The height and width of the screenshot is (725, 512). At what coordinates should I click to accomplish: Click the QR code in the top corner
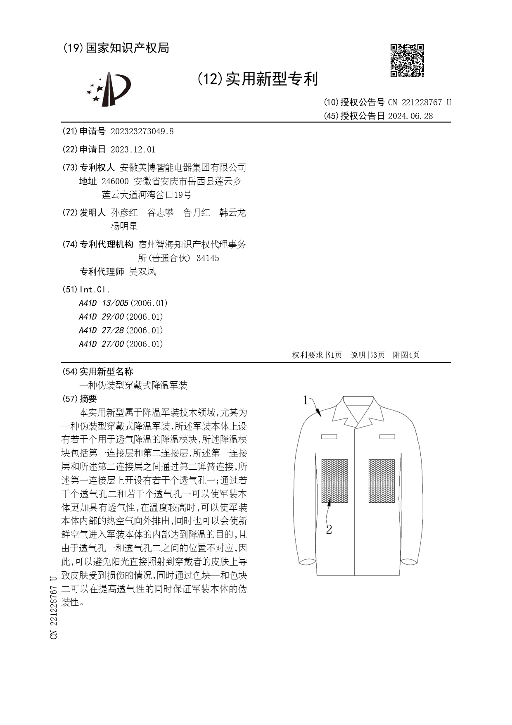[407, 60]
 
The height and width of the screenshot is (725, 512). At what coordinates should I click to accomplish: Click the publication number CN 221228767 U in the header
[419, 102]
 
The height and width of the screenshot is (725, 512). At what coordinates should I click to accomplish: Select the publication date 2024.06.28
[410, 116]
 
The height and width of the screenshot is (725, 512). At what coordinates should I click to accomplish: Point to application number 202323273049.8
[142, 132]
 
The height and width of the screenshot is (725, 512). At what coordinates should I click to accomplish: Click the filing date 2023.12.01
[133, 150]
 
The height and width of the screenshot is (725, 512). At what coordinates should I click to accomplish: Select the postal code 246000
[115, 181]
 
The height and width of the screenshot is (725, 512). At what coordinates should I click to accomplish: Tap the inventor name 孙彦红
[124, 213]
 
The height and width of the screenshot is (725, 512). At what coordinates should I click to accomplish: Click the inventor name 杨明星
[124, 226]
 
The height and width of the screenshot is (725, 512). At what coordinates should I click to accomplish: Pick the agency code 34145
[208, 258]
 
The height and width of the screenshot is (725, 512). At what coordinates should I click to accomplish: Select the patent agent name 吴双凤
[142, 272]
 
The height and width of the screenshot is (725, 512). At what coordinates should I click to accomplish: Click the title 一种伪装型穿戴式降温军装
[133, 385]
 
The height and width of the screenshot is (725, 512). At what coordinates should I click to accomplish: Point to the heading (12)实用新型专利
[257, 78]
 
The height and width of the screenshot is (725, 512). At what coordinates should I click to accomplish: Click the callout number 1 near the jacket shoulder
[306, 400]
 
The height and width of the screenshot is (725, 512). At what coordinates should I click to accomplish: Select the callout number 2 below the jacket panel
[329, 530]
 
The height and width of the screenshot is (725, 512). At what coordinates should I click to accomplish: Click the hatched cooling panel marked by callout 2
[334, 480]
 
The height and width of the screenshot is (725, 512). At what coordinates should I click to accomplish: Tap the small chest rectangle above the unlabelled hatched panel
[387, 436]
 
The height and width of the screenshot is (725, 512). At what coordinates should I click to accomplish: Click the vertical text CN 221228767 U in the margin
[54, 608]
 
